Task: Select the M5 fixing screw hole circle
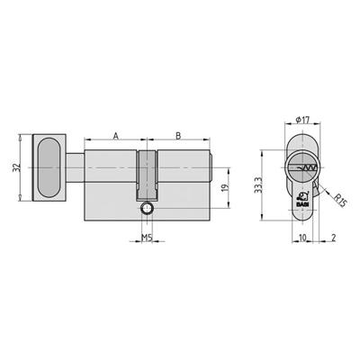[147, 209]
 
